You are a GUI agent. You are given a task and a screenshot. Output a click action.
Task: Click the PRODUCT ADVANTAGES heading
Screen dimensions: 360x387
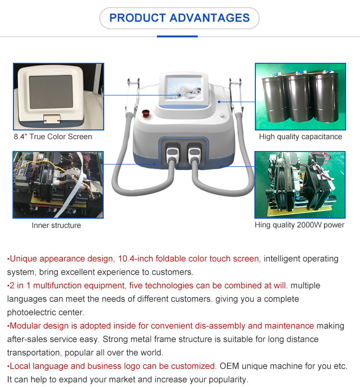(x=180, y=18)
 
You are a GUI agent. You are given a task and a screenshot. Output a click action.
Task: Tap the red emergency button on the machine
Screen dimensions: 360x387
(x=145, y=114)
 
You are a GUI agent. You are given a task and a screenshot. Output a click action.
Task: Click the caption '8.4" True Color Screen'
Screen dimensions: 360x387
(x=53, y=137)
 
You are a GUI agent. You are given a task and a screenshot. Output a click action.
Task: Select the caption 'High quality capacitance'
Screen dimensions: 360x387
(x=300, y=137)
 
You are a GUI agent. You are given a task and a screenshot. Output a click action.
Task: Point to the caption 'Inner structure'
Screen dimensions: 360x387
(x=56, y=225)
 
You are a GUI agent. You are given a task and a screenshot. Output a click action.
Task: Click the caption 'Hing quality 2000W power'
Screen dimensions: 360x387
(x=300, y=225)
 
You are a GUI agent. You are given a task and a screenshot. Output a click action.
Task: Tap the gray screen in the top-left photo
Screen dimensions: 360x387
(x=51, y=92)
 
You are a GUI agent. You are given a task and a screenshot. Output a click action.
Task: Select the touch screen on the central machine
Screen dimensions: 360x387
(x=183, y=88)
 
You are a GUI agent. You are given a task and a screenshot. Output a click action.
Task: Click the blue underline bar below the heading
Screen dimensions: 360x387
(x=177, y=36)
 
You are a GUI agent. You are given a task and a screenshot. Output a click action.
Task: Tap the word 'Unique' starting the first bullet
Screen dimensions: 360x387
(x=23, y=258)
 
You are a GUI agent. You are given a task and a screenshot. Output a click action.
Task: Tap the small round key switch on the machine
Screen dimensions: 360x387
(x=222, y=115)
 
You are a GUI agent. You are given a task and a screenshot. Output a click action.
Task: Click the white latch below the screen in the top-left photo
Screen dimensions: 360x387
(x=52, y=119)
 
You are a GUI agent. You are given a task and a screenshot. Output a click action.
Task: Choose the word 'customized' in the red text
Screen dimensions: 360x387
(x=193, y=366)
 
